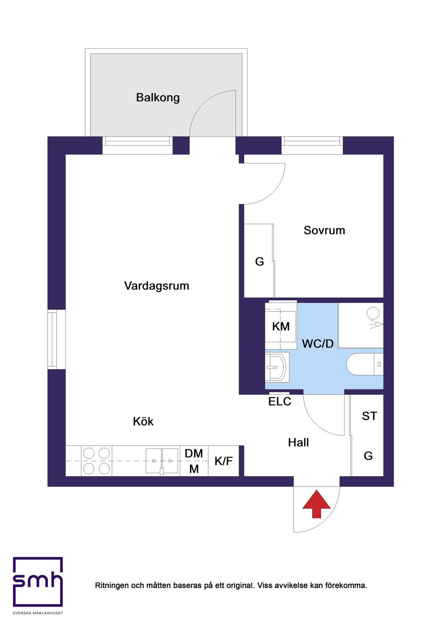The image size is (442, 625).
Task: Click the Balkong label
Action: click(158, 98)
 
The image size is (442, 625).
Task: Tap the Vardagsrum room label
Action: click(156, 286)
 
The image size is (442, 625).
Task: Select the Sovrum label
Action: click(324, 230)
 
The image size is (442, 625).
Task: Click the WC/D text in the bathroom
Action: click(318, 343)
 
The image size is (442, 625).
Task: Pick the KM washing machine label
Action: click(281, 326)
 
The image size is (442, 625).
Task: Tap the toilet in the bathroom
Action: click(365, 364)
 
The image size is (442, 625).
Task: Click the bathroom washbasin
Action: click(277, 367)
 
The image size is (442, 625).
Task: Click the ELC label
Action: click(280, 401)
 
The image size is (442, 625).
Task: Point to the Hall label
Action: click(298, 442)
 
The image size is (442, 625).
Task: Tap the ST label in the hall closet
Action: click(369, 416)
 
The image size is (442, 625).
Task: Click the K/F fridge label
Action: click(224, 461)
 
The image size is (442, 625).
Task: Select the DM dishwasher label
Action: click(194, 453)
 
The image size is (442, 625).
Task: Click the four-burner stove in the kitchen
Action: click(97, 461)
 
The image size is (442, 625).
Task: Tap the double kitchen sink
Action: click(162, 461)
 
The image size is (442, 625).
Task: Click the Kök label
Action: click(143, 421)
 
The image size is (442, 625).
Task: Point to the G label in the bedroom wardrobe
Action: click(259, 262)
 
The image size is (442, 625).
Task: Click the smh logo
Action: click(38, 582)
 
